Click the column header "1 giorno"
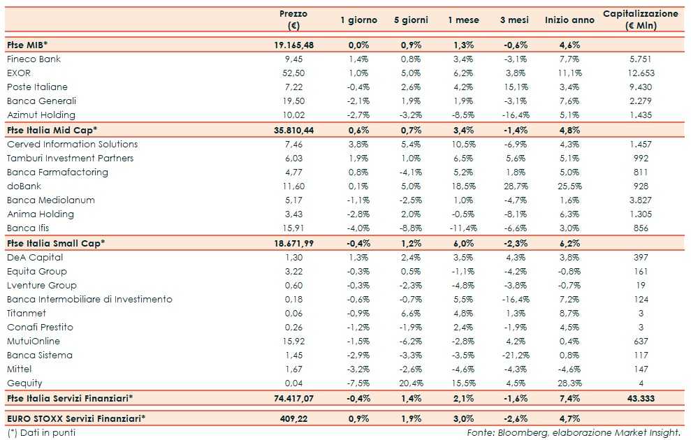[x=358, y=20]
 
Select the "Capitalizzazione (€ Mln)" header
[x=640, y=20]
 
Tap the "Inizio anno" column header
[x=569, y=20]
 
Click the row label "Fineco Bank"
[x=34, y=59]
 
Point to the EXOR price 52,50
[x=293, y=73]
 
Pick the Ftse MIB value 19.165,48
[x=293, y=45]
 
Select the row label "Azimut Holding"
[x=41, y=115]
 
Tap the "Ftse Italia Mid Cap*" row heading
[x=52, y=130]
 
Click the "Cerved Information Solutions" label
[x=72, y=145]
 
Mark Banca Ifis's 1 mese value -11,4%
[x=463, y=228]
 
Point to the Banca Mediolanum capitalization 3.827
[x=640, y=200]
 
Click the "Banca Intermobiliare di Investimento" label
[x=89, y=300]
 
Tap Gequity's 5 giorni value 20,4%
[x=410, y=383]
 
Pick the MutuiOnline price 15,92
[x=293, y=342]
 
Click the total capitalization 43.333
[x=640, y=398]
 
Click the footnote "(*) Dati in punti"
[x=41, y=432]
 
